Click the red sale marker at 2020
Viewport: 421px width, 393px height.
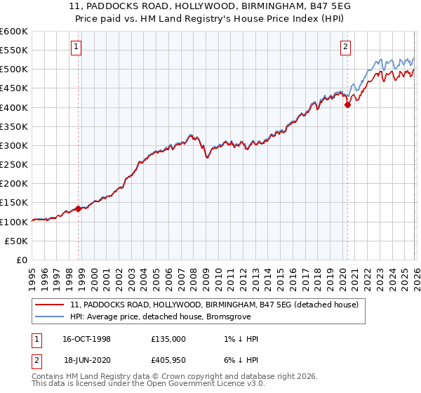347,105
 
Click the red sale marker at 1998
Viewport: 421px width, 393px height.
79,208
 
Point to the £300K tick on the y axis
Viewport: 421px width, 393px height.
14,145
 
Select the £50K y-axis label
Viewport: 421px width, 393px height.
17,241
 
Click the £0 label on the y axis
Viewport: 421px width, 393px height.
22,260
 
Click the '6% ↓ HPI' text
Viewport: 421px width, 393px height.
239,362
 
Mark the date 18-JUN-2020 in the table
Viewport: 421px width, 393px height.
86,362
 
